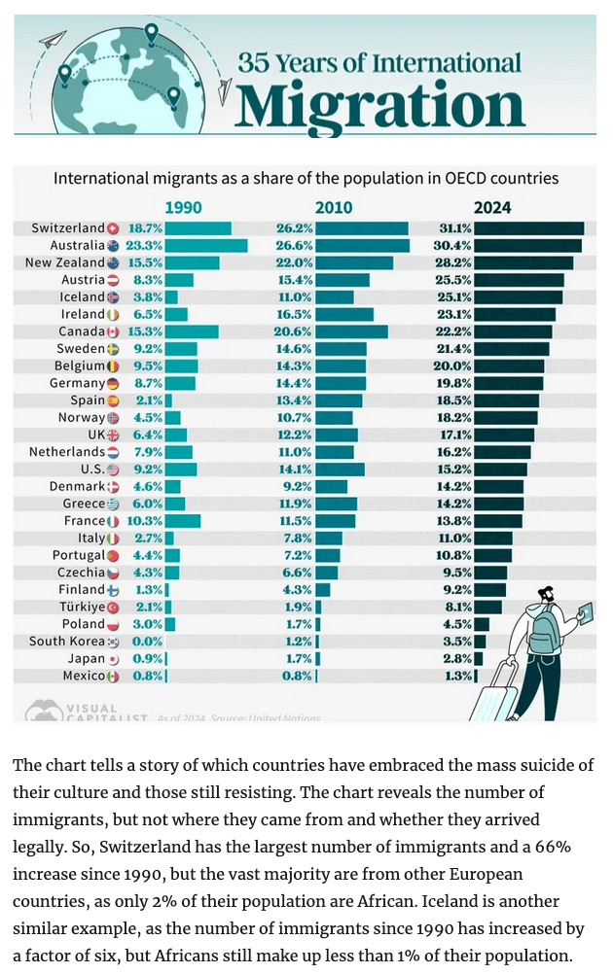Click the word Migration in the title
click(379, 104)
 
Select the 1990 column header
click(184, 207)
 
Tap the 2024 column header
click(492, 207)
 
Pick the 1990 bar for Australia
click(206, 246)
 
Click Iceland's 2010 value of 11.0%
click(296, 296)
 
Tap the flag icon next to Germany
click(113, 383)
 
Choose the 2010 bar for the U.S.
click(341, 470)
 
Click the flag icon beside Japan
click(113, 658)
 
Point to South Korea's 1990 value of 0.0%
click(147, 642)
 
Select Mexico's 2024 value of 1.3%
click(455, 676)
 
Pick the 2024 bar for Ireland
click(516, 314)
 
